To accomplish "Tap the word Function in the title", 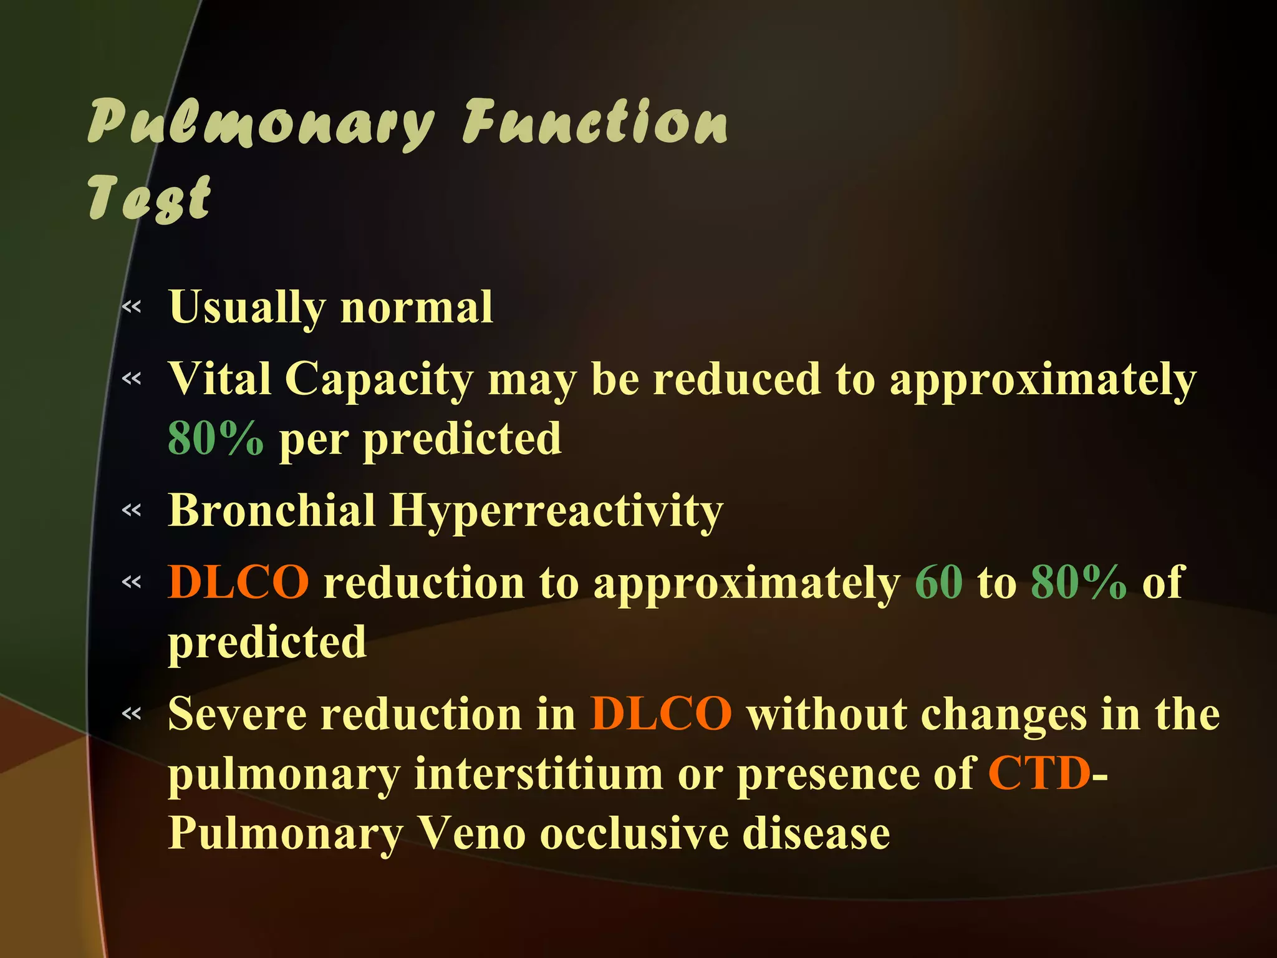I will (595, 122).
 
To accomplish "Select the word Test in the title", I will (150, 198).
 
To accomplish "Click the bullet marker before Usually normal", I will (132, 307).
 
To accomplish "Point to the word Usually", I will (247, 308).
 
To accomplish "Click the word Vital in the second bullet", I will (219, 379).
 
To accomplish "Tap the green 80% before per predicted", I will (216, 438).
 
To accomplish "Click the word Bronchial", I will (272, 511).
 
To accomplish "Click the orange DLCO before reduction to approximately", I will (238, 582).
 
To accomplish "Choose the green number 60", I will (938, 582).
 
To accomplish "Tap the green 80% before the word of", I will (1079, 582).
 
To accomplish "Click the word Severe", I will (237, 714).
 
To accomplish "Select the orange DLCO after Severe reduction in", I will (661, 714).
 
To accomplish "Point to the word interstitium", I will (539, 774).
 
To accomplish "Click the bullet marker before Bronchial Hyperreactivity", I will (132, 511).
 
